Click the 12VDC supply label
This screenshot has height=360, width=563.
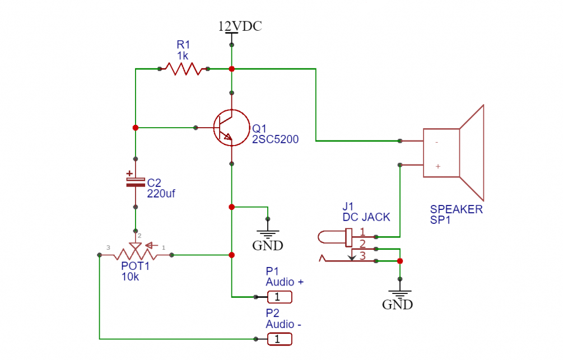coord(240,26)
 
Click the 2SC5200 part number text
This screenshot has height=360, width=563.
coord(275,139)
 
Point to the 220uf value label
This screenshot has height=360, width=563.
coord(161,194)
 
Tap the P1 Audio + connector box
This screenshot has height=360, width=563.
coord(280,296)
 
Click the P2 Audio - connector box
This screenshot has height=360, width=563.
coord(280,339)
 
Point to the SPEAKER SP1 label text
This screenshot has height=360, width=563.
coord(456,215)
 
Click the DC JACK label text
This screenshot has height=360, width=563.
coord(366,217)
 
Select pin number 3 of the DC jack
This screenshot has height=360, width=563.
coord(362,256)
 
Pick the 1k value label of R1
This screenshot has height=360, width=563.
coord(183,55)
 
